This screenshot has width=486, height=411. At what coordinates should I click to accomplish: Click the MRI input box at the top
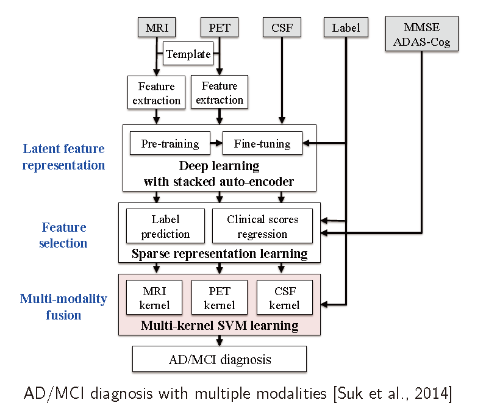pyautogui.click(x=157, y=27)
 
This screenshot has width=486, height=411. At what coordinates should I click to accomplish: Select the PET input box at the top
pyautogui.click(x=219, y=27)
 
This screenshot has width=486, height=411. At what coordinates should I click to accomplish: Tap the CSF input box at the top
pyautogui.click(x=281, y=27)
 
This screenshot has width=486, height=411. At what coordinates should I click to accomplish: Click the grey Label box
pyautogui.click(x=346, y=27)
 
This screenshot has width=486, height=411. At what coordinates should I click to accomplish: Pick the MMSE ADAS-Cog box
pyautogui.click(x=422, y=34)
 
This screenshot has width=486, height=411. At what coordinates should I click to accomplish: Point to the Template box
pyautogui.click(x=188, y=54)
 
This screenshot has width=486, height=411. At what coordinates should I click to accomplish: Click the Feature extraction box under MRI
pyautogui.click(x=156, y=93)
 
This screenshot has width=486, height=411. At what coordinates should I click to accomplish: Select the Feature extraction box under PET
pyautogui.click(x=219, y=93)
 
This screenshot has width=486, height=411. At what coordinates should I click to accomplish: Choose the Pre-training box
pyautogui.click(x=170, y=144)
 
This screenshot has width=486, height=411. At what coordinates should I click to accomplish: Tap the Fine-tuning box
pyautogui.click(x=262, y=144)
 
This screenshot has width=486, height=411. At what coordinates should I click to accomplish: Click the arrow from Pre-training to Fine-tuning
pyautogui.click(x=216, y=145)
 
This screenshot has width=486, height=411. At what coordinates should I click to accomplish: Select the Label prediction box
pyautogui.click(x=165, y=226)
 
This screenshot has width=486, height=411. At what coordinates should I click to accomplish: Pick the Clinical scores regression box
pyautogui.click(x=262, y=226)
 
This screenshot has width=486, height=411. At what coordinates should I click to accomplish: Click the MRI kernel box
pyautogui.click(x=154, y=297)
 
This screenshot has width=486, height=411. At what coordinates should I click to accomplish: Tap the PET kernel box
pyautogui.click(x=220, y=297)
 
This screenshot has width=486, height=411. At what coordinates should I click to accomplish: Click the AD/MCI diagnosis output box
pyautogui.click(x=220, y=359)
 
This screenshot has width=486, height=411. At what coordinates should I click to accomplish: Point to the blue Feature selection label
pyautogui.click(x=64, y=235)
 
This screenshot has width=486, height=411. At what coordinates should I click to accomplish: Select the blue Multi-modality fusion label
pyautogui.click(x=63, y=307)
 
